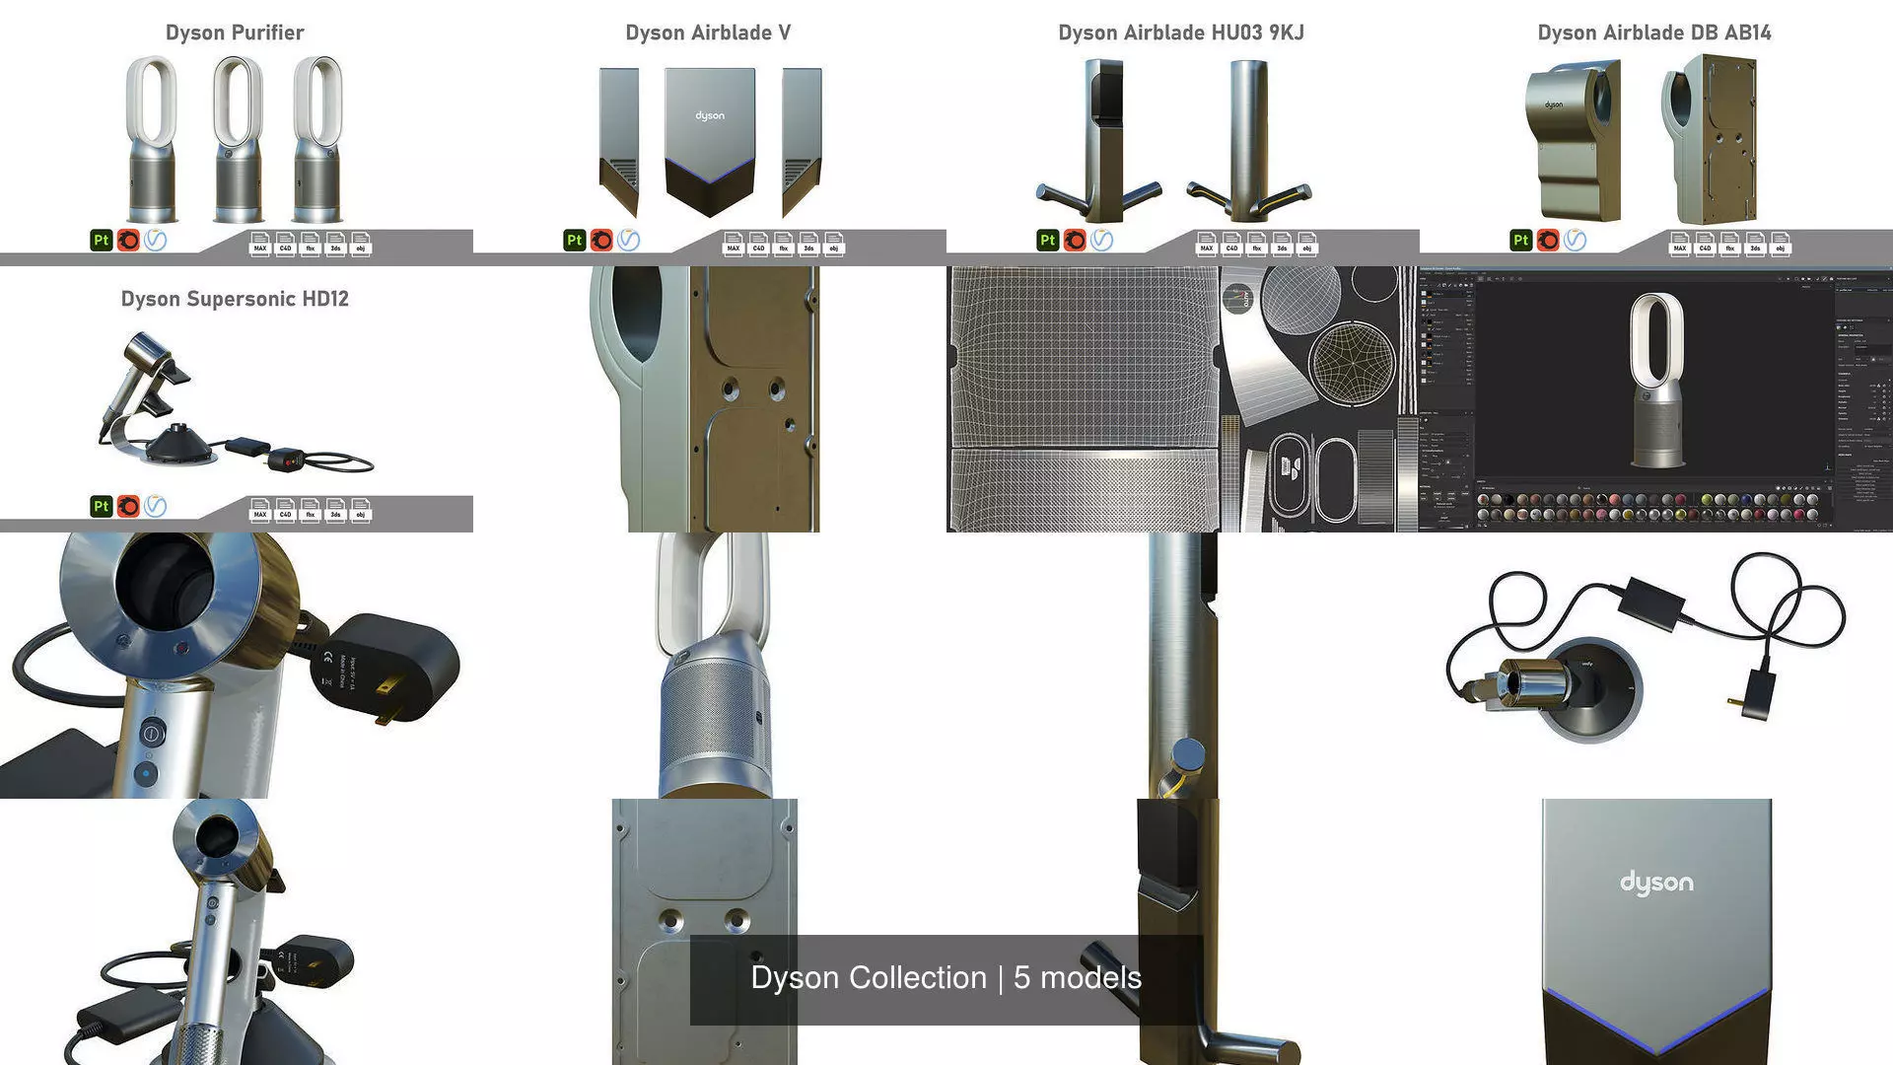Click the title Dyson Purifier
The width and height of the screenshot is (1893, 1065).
click(235, 33)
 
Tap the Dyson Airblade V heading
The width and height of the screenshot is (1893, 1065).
click(708, 33)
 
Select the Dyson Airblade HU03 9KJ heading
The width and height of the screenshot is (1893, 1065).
click(1181, 33)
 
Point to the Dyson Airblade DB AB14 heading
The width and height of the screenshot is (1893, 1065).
click(1654, 33)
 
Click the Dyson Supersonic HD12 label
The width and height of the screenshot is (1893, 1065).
click(235, 299)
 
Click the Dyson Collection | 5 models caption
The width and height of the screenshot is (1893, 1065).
click(946, 977)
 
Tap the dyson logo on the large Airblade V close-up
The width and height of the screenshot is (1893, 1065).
click(1656, 883)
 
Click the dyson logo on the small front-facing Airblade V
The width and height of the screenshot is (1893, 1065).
click(710, 115)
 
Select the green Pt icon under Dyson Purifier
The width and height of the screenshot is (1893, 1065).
click(101, 240)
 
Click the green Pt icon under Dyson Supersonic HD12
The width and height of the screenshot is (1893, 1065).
click(101, 506)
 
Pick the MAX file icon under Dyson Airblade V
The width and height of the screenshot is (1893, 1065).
click(733, 243)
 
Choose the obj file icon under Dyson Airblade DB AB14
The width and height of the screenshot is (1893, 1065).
click(1781, 243)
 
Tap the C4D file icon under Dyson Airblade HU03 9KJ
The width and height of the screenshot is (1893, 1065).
click(1231, 243)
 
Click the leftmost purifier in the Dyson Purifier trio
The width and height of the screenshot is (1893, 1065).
click(152, 138)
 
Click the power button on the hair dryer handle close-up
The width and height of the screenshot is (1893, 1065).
click(151, 733)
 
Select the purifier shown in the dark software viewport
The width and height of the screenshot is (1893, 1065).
click(1656, 380)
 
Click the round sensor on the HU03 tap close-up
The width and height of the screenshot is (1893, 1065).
click(1190, 754)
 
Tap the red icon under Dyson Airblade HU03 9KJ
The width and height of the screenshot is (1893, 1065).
click(1075, 240)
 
